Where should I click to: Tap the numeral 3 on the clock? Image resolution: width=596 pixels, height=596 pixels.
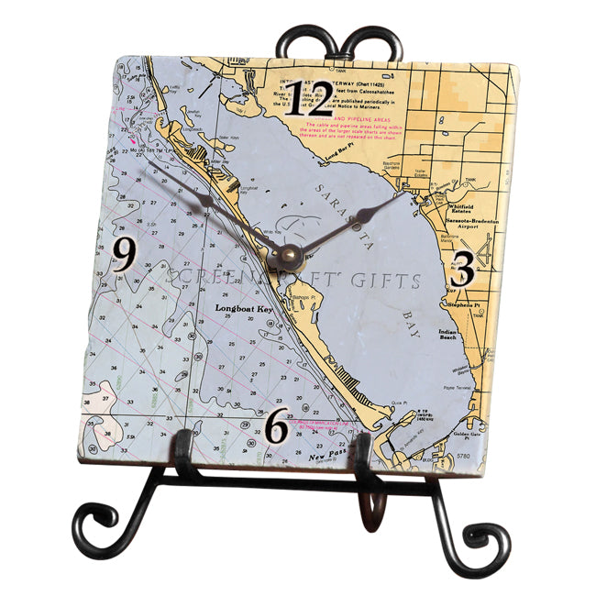(463, 270)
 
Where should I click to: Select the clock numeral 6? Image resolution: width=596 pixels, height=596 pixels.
(278, 425)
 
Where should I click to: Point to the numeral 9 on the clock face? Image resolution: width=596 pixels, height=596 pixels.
(125, 256)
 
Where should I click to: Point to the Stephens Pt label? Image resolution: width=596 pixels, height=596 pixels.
(464, 304)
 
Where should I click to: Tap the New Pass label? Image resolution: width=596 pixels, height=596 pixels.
(326, 454)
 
